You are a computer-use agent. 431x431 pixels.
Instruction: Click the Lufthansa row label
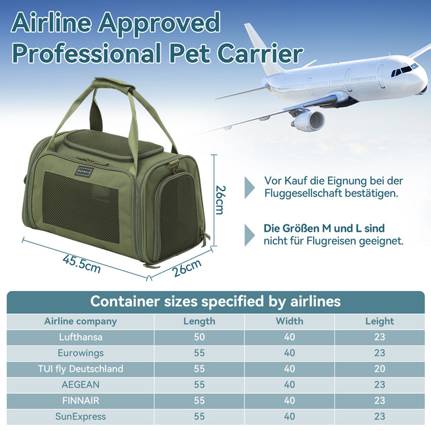click(80, 337)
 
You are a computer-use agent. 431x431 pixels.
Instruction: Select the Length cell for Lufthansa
click(199, 337)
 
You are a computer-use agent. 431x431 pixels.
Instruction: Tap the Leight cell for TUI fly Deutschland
click(380, 369)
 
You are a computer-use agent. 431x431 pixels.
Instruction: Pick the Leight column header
click(380, 321)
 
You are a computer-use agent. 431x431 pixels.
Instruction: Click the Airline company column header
click(80, 321)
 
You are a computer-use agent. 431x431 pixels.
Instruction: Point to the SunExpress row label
click(80, 417)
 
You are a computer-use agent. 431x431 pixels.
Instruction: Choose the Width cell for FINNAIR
click(289, 401)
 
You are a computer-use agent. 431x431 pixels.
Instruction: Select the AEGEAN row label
click(80, 385)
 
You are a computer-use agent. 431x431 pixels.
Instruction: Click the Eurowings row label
click(80, 353)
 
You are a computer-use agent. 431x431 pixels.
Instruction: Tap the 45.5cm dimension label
click(81, 263)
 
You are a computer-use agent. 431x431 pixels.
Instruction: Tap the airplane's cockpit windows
click(404, 69)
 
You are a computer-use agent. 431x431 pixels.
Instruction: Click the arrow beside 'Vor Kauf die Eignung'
click(250, 187)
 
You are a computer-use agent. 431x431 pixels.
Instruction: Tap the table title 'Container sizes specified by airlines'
click(215, 301)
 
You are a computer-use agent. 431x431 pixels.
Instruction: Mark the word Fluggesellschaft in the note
click(309, 193)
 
